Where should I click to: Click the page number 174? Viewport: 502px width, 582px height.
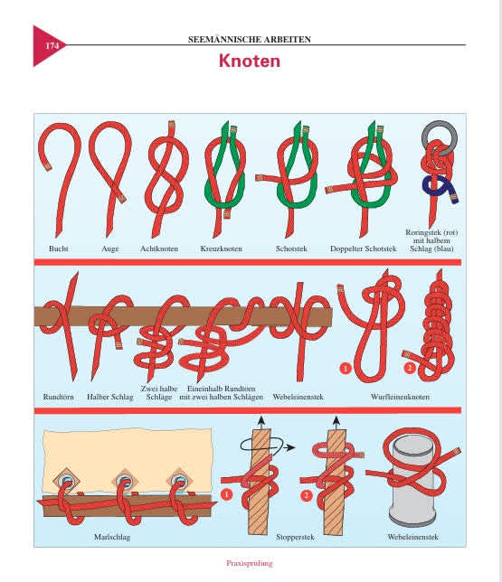[x=52, y=46]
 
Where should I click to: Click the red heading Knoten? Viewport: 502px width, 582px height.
[x=250, y=61]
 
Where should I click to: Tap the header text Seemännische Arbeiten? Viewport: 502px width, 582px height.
[x=250, y=39]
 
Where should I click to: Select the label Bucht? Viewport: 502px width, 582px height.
[x=58, y=249]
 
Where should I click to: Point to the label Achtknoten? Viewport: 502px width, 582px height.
[x=159, y=249]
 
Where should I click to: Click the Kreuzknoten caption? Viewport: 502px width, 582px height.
[x=221, y=249]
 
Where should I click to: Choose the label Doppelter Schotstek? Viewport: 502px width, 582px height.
[x=364, y=249]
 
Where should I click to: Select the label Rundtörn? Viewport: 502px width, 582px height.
[x=58, y=397]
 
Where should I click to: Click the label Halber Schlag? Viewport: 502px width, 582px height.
[x=110, y=397]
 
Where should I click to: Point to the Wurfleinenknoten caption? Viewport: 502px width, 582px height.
[x=400, y=397]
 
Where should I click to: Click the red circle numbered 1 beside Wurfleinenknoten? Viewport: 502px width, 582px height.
[x=346, y=369]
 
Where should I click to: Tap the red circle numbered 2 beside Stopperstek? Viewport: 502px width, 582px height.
[x=307, y=495]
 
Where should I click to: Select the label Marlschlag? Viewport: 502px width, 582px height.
[x=112, y=537]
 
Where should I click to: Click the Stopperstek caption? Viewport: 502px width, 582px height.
[x=295, y=537]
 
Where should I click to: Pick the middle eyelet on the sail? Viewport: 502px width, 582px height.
[x=125, y=482]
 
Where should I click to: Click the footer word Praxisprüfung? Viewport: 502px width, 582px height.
[x=250, y=563]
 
